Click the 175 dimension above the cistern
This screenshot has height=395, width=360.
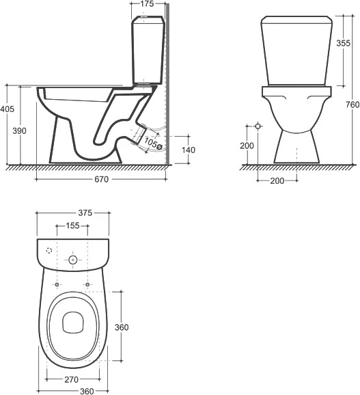(x=147, y=4)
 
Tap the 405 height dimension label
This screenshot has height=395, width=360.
(x=7, y=109)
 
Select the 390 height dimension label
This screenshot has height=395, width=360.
(x=19, y=131)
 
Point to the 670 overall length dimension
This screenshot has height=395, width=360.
(x=102, y=179)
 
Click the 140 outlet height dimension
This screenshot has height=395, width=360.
(x=189, y=150)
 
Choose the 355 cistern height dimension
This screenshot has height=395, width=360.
(x=344, y=43)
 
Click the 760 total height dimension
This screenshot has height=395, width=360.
(x=352, y=105)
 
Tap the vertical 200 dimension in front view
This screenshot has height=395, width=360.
(x=247, y=146)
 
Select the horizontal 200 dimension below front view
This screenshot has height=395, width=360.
(x=277, y=180)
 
